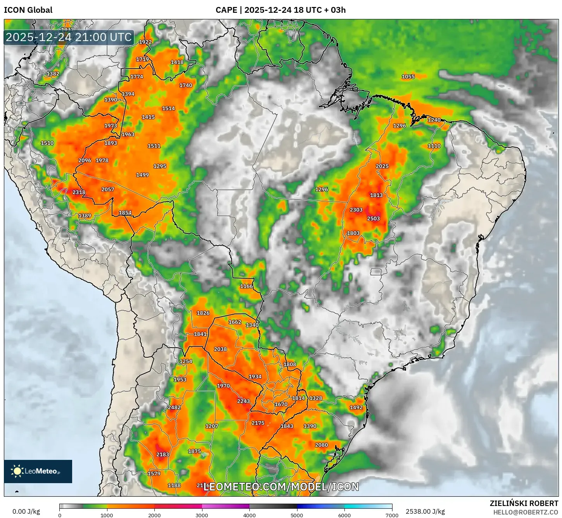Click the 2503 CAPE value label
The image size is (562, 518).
(373, 219)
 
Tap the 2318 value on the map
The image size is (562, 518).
(79, 192)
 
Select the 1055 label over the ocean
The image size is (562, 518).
(408, 77)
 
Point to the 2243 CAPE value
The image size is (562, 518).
(243, 401)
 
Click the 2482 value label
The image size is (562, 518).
(174, 407)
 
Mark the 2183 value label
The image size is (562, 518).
(163, 454)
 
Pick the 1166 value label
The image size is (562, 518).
(246, 286)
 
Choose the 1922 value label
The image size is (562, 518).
(145, 42)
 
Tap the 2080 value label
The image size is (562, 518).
(321, 445)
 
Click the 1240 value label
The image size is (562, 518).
(434, 120)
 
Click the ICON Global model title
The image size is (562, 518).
(28, 10)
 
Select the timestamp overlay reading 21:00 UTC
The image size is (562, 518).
(69, 37)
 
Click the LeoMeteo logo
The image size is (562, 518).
(38, 471)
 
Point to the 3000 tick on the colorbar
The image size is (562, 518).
(202, 515)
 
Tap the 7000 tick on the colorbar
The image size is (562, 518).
(392, 515)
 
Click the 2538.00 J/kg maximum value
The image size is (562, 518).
(425, 511)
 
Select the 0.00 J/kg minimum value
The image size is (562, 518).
(26, 511)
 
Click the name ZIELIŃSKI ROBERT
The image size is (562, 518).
(524, 503)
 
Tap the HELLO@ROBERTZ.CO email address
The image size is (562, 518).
(526, 512)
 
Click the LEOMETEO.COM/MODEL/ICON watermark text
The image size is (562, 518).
(281, 487)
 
